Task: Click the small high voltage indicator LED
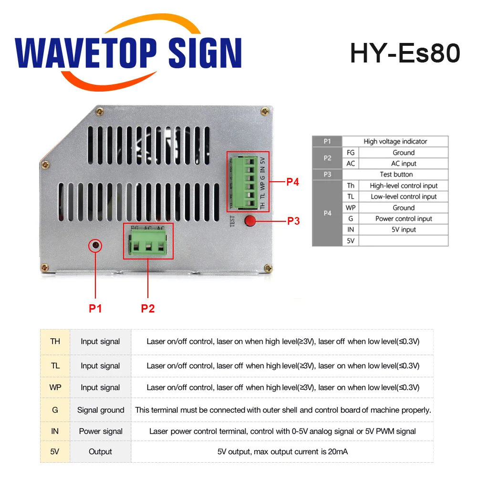point(96,245)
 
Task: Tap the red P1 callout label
point(95,309)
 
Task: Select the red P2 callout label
point(148,309)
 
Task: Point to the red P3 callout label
point(293,221)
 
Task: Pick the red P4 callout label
point(292,182)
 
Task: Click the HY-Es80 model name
point(405,53)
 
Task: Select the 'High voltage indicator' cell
point(395,141)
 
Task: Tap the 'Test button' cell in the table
point(396,175)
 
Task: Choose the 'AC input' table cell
point(404,164)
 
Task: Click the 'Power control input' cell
point(404,218)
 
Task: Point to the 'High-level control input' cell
point(404,186)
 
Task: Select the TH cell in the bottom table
point(55,341)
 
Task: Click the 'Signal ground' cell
point(101,410)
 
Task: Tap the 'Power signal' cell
point(101,431)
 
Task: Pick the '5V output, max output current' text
point(282,451)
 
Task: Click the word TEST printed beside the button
point(233,221)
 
